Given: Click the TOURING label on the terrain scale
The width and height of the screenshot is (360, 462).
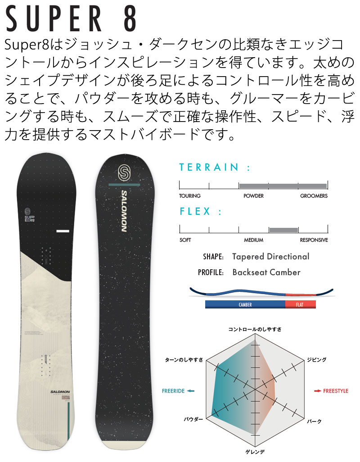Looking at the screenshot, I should click(189, 196).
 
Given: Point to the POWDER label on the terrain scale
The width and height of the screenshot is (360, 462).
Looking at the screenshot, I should click(253, 196).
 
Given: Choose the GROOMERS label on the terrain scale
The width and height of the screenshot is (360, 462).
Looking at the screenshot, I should click(314, 196).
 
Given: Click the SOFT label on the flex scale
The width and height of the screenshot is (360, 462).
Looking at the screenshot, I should click(185, 240).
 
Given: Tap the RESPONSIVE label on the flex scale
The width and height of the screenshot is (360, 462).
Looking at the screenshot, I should click(314, 240).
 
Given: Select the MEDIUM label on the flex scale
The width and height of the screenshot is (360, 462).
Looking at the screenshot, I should click(253, 240).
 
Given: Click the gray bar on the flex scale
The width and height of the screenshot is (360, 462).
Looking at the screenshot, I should click(283, 230).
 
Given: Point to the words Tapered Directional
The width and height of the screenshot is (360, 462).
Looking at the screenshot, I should click(270, 257).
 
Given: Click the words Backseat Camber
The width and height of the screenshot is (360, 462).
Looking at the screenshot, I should click(266, 272).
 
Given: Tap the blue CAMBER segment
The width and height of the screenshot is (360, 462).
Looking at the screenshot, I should click(245, 305).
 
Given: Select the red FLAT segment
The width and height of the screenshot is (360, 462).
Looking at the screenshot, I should click(300, 305).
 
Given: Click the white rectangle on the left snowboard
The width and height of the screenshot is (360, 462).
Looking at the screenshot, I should click(63, 231).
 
